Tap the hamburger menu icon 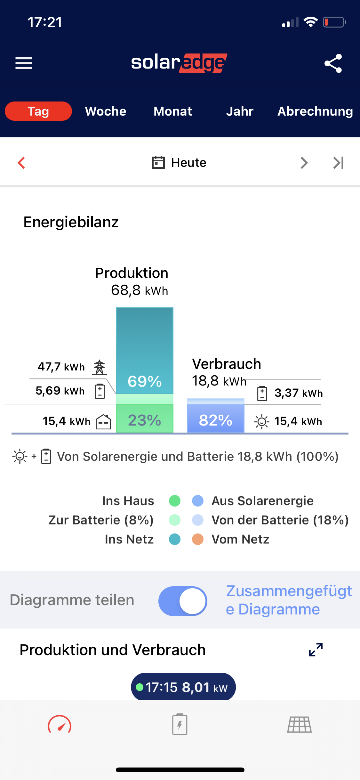pyautogui.click(x=24, y=63)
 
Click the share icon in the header pyautogui.click(x=333, y=63)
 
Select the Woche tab pyautogui.click(x=106, y=111)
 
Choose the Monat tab pyautogui.click(x=173, y=111)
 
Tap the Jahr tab pyautogui.click(x=240, y=111)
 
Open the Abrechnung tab pyautogui.click(x=315, y=111)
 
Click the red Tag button pyautogui.click(x=38, y=111)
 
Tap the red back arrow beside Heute pyautogui.click(x=21, y=163)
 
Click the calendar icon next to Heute pyautogui.click(x=158, y=162)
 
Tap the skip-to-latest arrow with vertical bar pyautogui.click(x=338, y=163)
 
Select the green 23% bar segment pyautogui.click(x=145, y=419)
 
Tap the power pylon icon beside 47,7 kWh pyautogui.click(x=100, y=367)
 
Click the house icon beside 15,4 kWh pyautogui.click(x=103, y=421)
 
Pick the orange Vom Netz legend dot pyautogui.click(x=198, y=539)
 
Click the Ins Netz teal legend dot pyautogui.click(x=175, y=539)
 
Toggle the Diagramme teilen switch pyautogui.click(x=183, y=601)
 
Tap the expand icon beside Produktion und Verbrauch pyautogui.click(x=316, y=650)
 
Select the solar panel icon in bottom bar pyautogui.click(x=299, y=725)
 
